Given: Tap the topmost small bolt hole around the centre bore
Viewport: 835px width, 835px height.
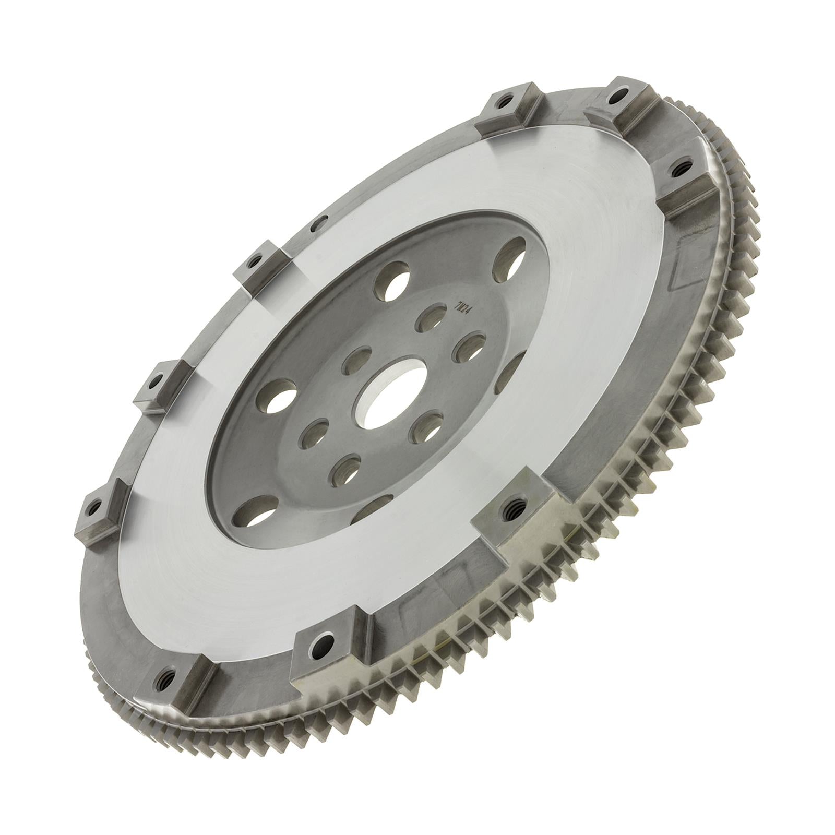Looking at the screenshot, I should (426, 319).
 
